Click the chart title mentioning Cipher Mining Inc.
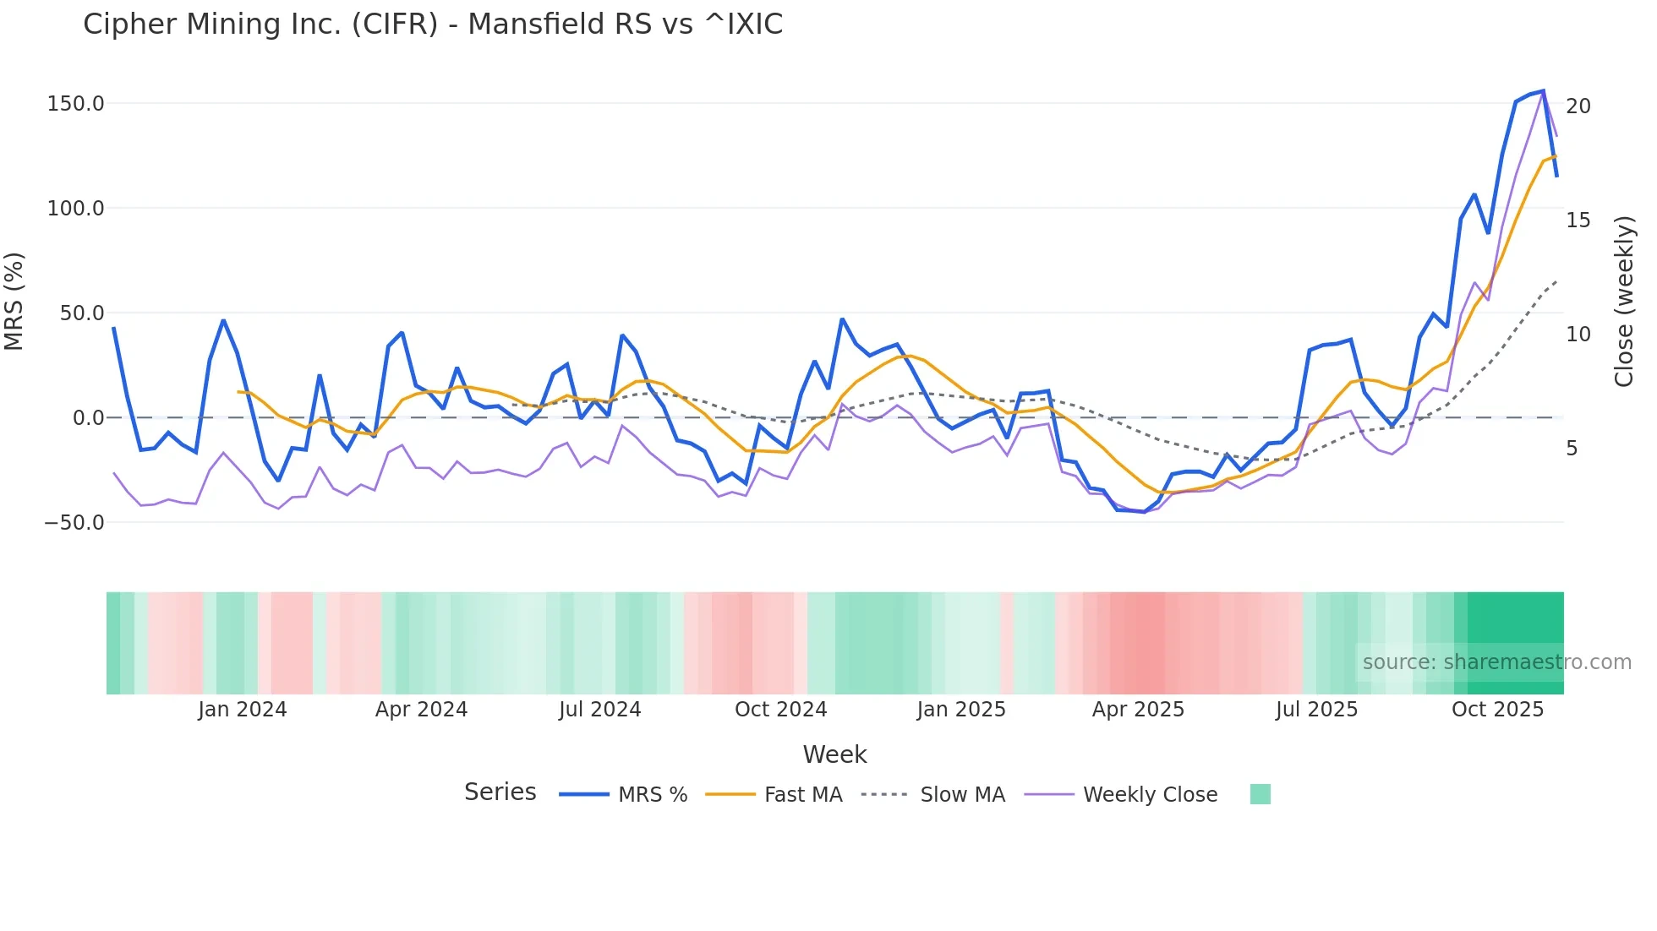(433, 24)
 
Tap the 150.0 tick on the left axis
(76, 104)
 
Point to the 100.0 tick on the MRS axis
(76, 209)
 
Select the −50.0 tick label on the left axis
(74, 523)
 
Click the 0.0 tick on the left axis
(88, 418)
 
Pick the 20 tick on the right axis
(1578, 106)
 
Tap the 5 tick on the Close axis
(1572, 449)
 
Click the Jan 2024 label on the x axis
(243, 710)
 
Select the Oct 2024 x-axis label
(780, 710)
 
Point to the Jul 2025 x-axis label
(1316, 710)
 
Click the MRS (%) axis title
(14, 301)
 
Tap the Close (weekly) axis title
(1624, 302)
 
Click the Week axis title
(834, 754)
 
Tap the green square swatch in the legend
(1260, 794)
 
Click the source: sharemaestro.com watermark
(1496, 662)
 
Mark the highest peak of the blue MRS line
(1544, 91)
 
